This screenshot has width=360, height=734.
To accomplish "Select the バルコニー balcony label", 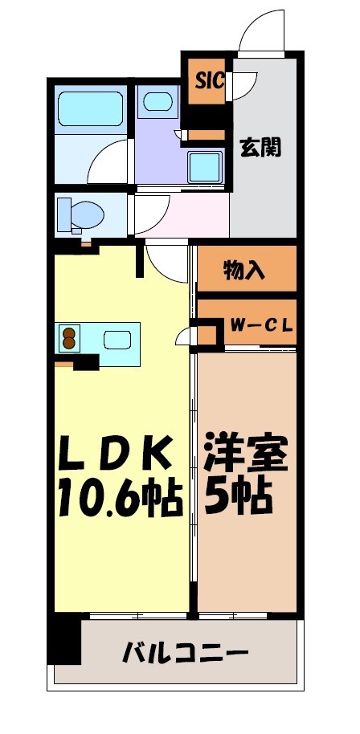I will pyautogui.click(x=185, y=653).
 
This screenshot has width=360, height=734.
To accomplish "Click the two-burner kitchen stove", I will pyautogui.click(x=68, y=339).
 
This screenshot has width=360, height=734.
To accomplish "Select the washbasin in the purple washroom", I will pyautogui.click(x=157, y=102).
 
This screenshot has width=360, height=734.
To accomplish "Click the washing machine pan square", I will pyautogui.click(x=207, y=168).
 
